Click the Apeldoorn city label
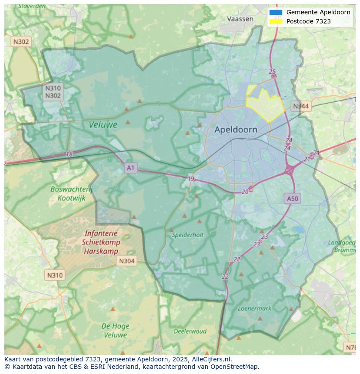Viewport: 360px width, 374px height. [236, 129]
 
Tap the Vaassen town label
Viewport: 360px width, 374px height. [240, 19]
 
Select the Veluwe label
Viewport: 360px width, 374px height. [103, 125]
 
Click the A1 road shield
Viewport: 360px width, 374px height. [131, 167]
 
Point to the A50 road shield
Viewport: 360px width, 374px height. [293, 199]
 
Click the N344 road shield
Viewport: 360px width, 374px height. [301, 106]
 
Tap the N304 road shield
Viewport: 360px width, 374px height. [127, 261]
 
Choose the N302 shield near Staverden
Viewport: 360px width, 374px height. [21, 42]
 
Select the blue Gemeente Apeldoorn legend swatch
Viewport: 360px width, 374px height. [276, 12]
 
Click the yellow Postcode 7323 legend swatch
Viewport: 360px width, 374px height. [276, 21]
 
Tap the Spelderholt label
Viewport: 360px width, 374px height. [187, 235]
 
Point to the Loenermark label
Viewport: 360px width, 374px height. [254, 308]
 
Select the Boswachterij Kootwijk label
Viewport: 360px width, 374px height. [72, 194]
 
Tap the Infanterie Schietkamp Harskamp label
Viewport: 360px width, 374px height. [101, 242]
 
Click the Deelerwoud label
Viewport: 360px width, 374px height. [190, 331]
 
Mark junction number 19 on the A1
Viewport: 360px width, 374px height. [191, 179]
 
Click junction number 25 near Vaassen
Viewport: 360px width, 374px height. [272, 72]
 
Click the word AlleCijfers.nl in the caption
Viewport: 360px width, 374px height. [212, 359]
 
